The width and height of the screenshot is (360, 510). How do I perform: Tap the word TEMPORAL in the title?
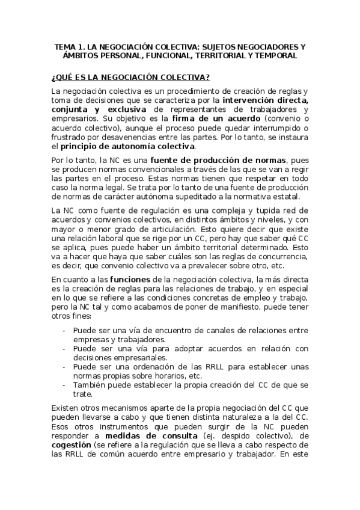tap(276, 56)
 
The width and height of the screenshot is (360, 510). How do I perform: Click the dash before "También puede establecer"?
tap(64, 385)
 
